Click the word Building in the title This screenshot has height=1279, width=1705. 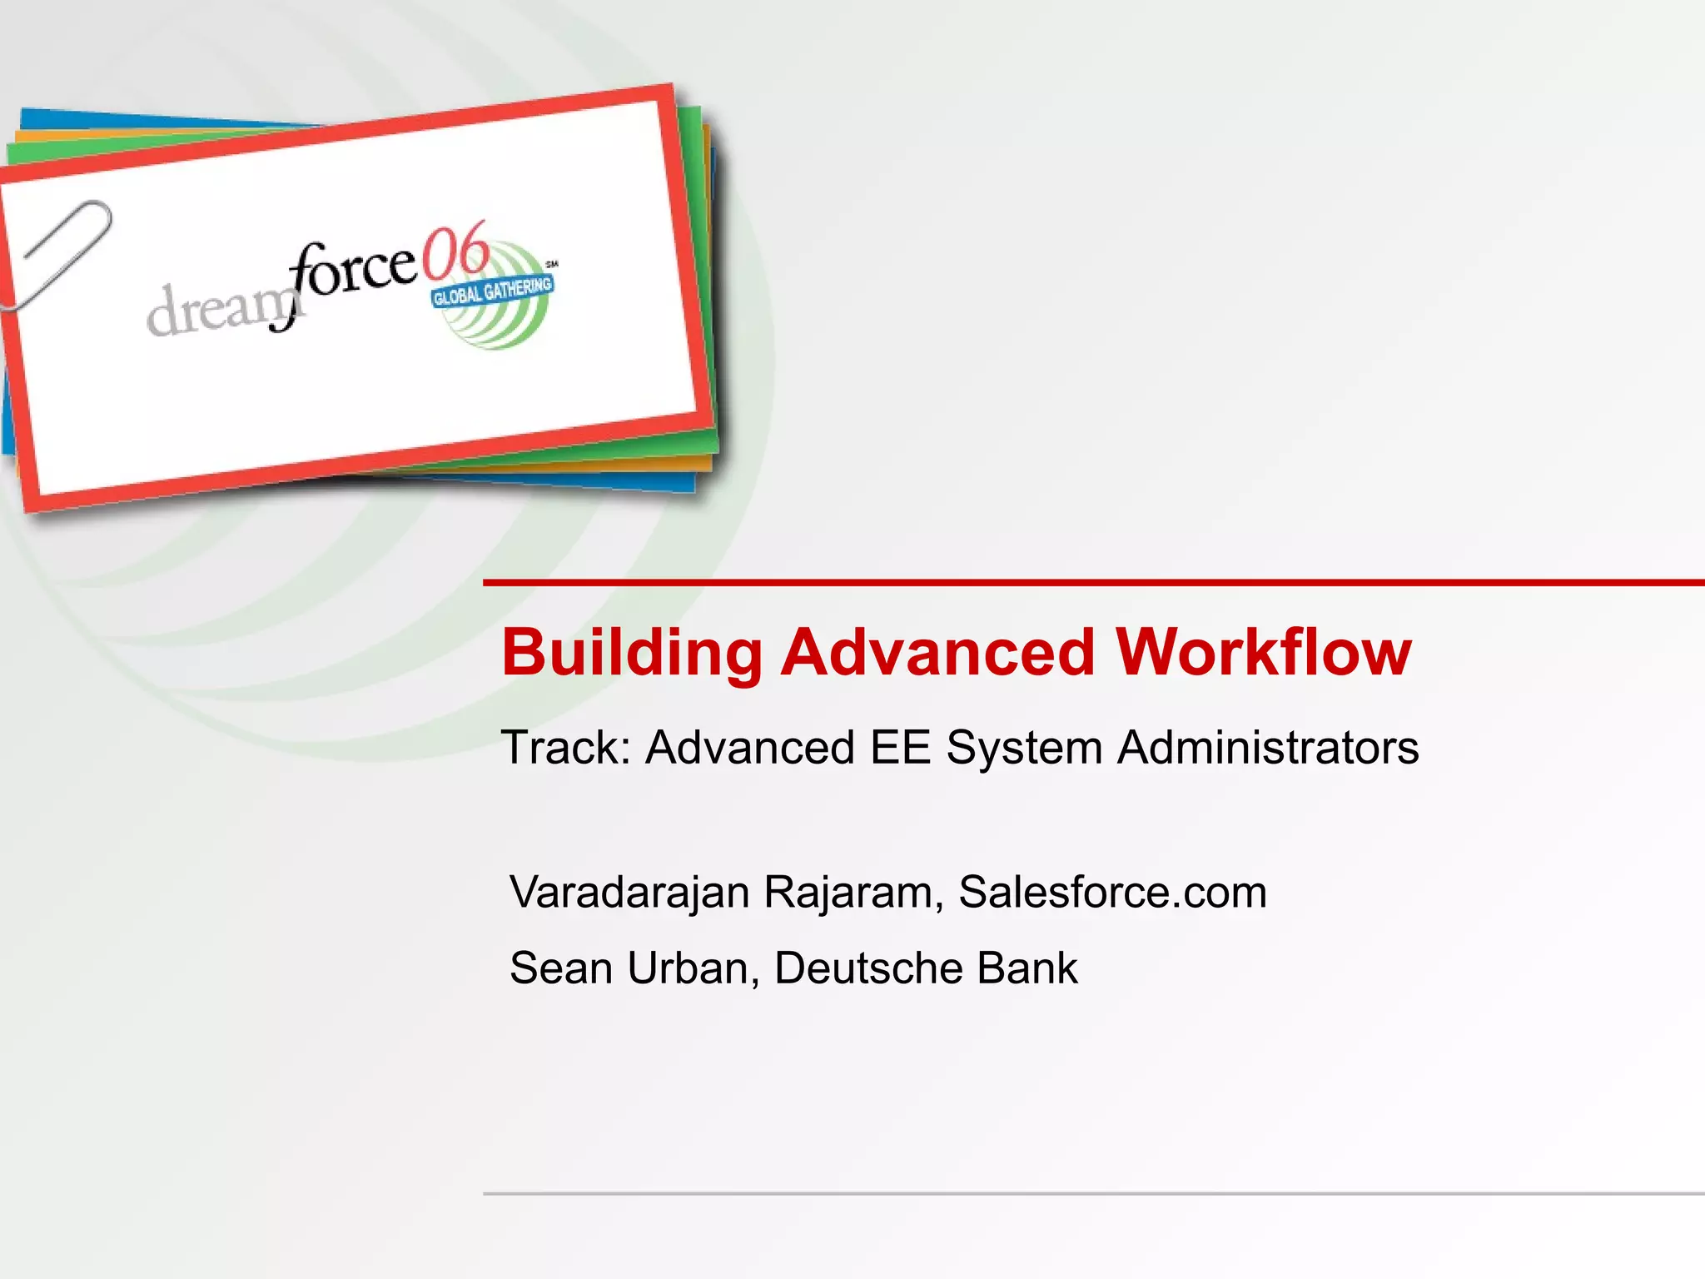tap(632, 653)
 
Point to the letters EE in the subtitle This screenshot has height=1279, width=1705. tap(900, 747)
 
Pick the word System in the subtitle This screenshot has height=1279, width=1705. tap(1024, 747)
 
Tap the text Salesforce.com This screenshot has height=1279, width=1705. tap(1112, 893)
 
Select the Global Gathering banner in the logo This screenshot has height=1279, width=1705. tap(492, 291)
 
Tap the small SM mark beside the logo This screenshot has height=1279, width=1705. tap(551, 264)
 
